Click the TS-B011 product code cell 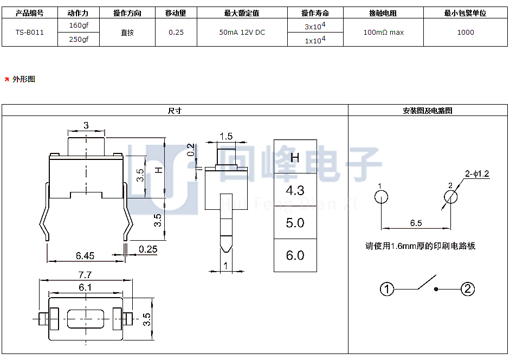[x=30, y=32]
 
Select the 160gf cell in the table [x=79, y=25]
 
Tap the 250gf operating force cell [x=79, y=39]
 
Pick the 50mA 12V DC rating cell [x=242, y=32]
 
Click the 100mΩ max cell [x=384, y=32]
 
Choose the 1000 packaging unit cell [x=466, y=32]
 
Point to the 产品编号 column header [x=30, y=13]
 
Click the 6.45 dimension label [x=85, y=255]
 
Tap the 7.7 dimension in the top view [x=85, y=275]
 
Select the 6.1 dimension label [x=85, y=287]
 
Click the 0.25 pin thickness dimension [x=148, y=249]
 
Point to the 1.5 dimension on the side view [x=226, y=136]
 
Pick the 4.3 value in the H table [x=295, y=190]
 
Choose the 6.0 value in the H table [x=295, y=255]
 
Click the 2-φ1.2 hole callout [x=477, y=173]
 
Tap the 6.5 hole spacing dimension [x=416, y=223]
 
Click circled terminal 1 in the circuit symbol [x=387, y=289]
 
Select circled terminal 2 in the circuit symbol [x=468, y=289]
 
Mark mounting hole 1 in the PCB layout [x=381, y=197]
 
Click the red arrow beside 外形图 [x=7, y=79]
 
